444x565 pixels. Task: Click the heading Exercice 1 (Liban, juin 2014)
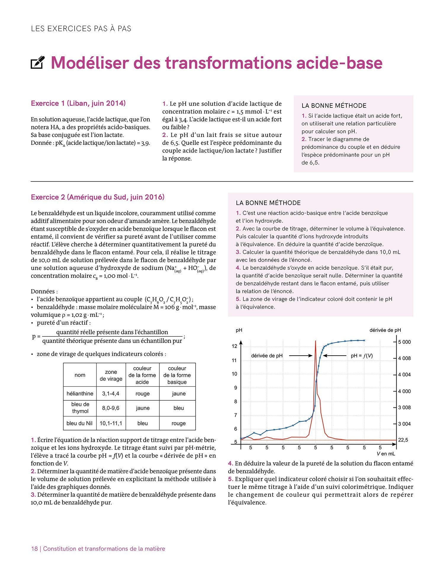tap(78, 103)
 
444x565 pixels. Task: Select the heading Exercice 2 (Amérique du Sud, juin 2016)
tap(97, 197)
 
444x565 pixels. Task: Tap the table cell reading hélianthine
tap(80, 394)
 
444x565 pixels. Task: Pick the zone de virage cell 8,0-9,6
tap(111, 408)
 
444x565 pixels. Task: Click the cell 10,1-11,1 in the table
tap(111, 423)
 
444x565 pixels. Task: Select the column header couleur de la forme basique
tap(177, 375)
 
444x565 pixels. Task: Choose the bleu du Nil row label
tap(80, 423)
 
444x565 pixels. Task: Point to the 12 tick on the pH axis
tap(234, 346)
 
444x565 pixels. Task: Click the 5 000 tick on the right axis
tap(404, 342)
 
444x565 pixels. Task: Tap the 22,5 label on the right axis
tap(403, 440)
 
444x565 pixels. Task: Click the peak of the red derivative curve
tap(316, 342)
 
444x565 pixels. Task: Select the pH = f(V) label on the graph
tap(362, 356)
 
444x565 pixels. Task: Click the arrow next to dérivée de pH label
tap(300, 356)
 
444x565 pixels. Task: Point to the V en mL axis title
tap(386, 453)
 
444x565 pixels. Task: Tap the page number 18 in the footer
tap(34, 549)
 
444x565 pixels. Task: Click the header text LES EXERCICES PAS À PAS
tap(81, 29)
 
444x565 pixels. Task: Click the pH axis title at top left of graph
tap(239, 330)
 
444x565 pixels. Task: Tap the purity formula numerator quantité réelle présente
tap(112, 332)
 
